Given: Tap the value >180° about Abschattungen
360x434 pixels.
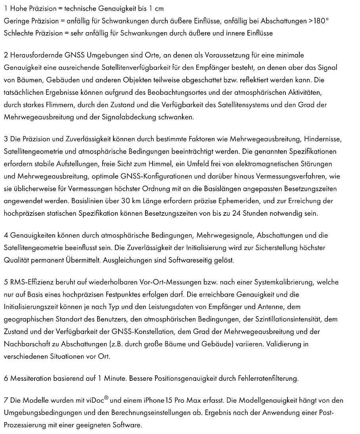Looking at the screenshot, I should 319,21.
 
